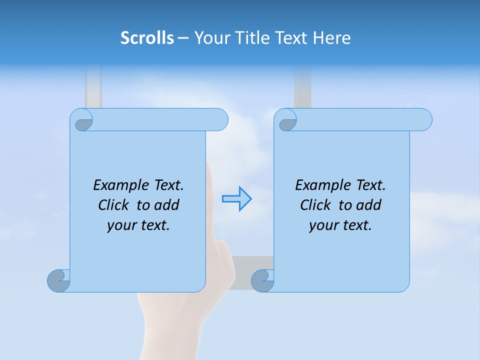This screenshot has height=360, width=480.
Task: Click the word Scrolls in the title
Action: click(147, 38)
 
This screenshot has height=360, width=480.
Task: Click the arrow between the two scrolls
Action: click(236, 199)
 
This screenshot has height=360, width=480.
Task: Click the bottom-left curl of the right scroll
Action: click(263, 281)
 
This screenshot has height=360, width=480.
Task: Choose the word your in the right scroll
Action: click(323, 226)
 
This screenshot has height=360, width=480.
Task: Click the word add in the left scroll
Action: click(166, 205)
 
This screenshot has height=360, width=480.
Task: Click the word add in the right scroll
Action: click(368, 205)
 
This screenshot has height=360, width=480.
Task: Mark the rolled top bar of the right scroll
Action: click(360, 120)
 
